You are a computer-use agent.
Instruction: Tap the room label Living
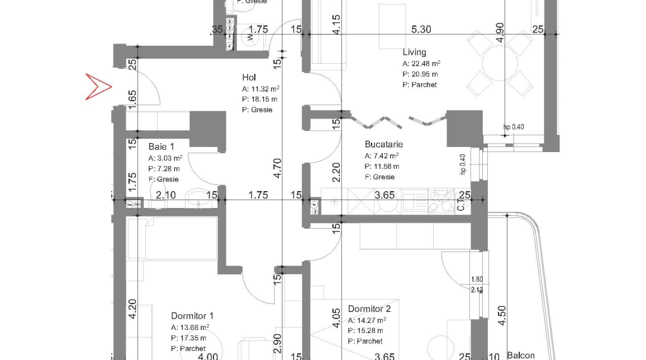pos(414,52)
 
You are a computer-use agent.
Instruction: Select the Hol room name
pos(249,77)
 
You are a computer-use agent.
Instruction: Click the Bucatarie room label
pos(384,144)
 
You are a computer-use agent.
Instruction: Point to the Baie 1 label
pos(161,146)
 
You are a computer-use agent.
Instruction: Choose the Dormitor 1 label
pos(192,315)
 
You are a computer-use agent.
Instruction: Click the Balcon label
pos(520,355)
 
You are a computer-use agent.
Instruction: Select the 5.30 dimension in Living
pos(421,29)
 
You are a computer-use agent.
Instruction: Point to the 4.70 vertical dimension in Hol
pos(278,168)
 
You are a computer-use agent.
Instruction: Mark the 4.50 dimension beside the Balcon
pos(501,315)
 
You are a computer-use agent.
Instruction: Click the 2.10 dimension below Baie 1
pos(166,195)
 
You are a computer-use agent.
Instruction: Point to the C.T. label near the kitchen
pos(461,205)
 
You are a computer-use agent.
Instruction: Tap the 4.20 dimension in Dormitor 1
pos(132,309)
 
